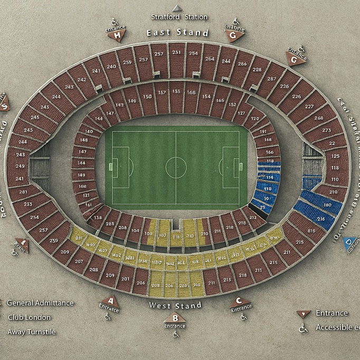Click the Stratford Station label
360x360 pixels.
coord(179,17)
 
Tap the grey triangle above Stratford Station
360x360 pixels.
coord(177,8)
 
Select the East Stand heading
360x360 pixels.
coord(177,33)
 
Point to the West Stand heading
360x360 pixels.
coord(175,306)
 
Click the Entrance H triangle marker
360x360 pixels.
coord(117,36)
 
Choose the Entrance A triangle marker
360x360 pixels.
coord(110,302)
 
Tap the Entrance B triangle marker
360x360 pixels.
coord(174,318)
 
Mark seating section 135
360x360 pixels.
coord(176,92)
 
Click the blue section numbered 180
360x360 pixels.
coord(327,205)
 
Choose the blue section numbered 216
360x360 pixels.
coord(320,218)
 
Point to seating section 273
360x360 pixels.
coord(326,130)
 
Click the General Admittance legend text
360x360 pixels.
coord(41,303)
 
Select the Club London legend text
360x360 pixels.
coord(29,317)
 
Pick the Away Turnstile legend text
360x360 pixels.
coord(31,332)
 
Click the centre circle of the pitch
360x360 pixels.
coord(176,168)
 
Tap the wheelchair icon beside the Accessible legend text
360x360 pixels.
coord(303,328)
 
